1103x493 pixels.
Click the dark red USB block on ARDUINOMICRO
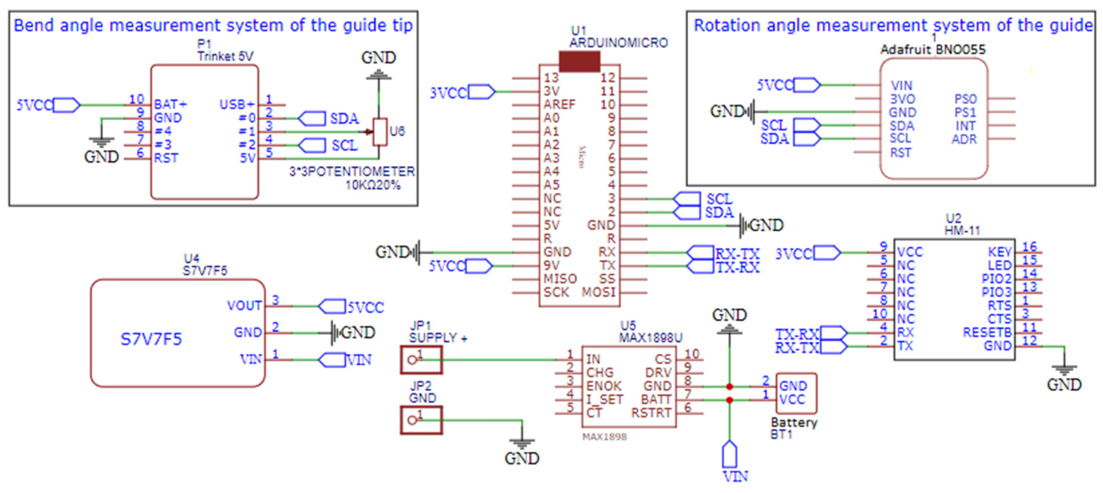tap(579, 62)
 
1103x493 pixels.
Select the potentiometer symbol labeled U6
tap(380, 132)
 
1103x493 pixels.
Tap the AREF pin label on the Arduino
tap(560, 104)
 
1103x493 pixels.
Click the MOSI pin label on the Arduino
tap(598, 292)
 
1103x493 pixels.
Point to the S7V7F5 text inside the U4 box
tap(151, 340)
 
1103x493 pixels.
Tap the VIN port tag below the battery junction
tap(730, 455)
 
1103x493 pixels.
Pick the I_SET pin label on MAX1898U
tap(605, 400)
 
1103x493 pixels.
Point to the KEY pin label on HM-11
tap(1000, 252)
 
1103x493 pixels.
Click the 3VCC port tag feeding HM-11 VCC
tap(827, 253)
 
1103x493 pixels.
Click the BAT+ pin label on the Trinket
tap(170, 104)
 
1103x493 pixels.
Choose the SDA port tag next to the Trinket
tap(311, 119)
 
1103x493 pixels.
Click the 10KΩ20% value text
tap(373, 185)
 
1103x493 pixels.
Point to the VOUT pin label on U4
tap(244, 306)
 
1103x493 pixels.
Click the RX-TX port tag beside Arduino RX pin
tap(700, 253)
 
